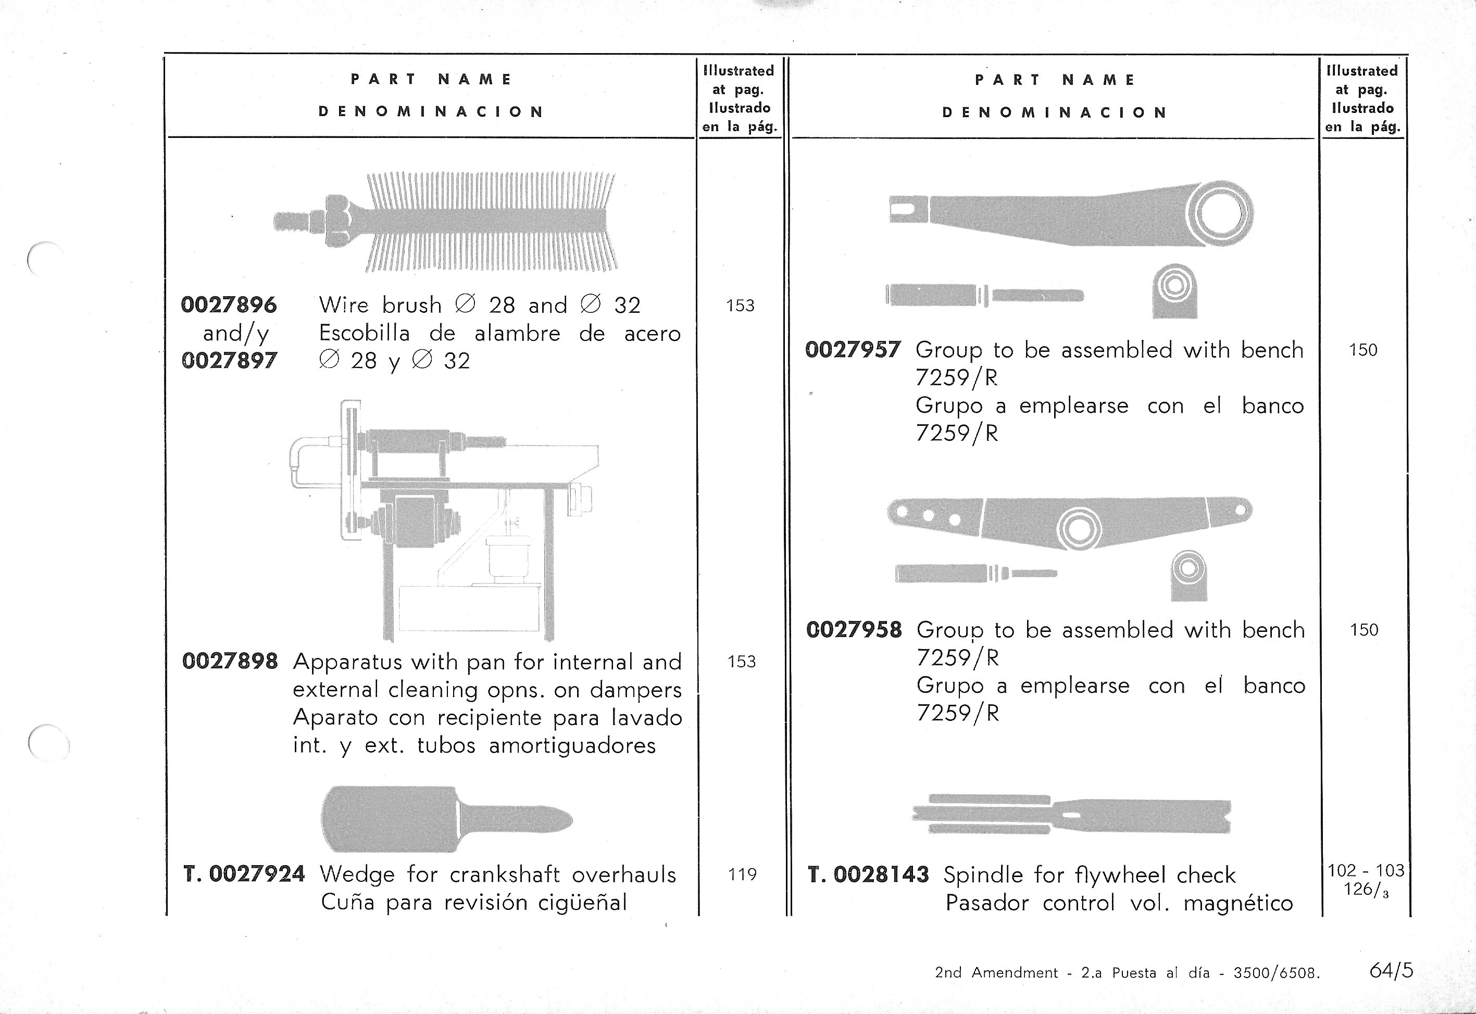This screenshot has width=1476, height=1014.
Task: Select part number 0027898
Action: click(x=230, y=662)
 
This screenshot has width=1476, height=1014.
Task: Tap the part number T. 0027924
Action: click(x=244, y=874)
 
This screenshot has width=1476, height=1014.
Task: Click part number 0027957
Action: click(x=853, y=349)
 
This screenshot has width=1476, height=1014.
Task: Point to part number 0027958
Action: click(x=854, y=630)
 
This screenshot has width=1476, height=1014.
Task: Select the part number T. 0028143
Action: click(x=868, y=875)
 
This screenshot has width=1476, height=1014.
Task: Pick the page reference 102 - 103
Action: click(x=1365, y=870)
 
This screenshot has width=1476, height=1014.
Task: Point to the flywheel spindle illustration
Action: click(x=1072, y=815)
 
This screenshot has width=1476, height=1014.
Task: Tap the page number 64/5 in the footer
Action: click(x=1392, y=970)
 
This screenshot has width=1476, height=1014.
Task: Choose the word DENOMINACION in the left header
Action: click(x=431, y=112)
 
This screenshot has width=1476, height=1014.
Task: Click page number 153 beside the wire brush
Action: click(x=741, y=306)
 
